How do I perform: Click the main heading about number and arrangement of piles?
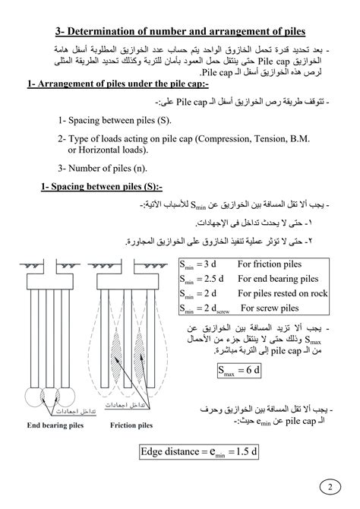pos(180,31)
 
